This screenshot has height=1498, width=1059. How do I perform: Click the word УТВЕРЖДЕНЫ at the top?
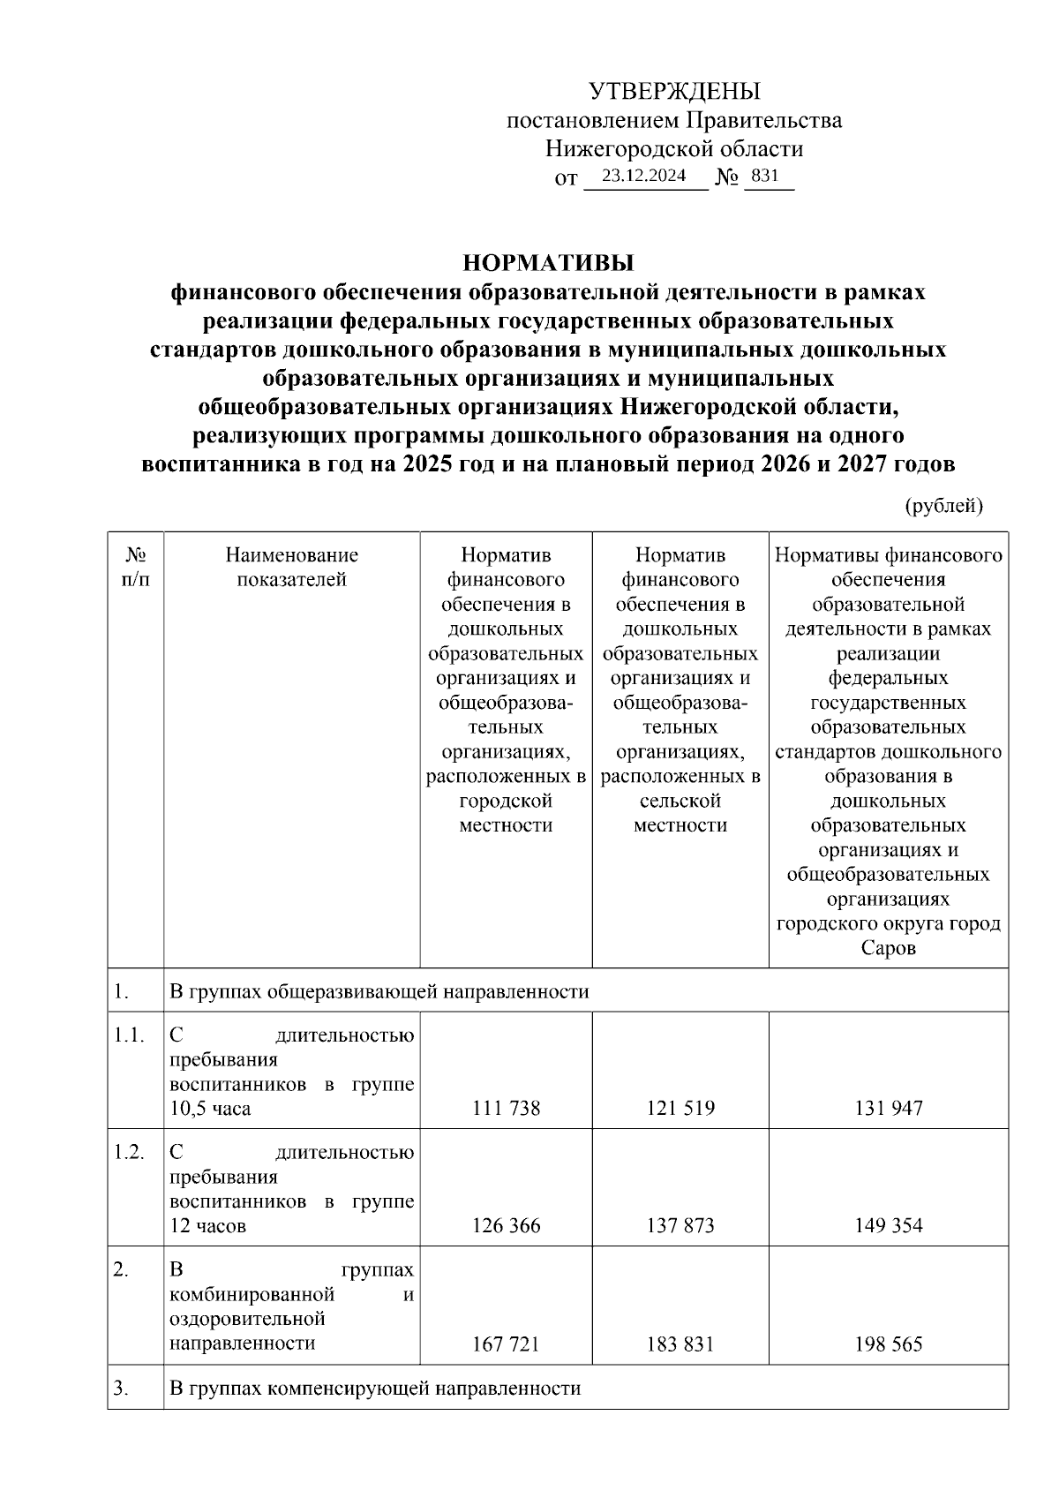click(674, 91)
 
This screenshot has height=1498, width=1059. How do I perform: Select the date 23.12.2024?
click(643, 176)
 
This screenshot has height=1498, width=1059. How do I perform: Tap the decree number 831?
click(764, 176)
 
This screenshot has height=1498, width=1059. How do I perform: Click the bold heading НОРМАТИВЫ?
click(548, 263)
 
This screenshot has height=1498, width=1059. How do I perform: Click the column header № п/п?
click(135, 567)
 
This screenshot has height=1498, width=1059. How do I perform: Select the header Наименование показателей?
click(291, 567)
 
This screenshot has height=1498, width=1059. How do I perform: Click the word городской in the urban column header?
click(506, 801)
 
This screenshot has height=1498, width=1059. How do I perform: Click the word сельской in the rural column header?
click(680, 801)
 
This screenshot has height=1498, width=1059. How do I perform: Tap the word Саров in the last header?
click(888, 949)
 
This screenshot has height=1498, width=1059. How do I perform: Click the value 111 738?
click(506, 1108)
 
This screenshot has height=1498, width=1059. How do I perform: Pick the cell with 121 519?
click(680, 1108)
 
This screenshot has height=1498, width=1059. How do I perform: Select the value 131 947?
click(888, 1108)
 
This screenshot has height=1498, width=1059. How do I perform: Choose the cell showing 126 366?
click(506, 1225)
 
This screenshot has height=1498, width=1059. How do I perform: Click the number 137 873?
click(680, 1225)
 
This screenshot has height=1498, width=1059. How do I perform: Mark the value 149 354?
click(888, 1225)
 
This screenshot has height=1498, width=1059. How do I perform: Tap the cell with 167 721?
click(506, 1344)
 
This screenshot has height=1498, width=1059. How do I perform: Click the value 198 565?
click(888, 1344)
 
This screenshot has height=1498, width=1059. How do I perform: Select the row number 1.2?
click(129, 1152)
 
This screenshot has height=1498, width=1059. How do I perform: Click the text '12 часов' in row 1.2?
click(207, 1225)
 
